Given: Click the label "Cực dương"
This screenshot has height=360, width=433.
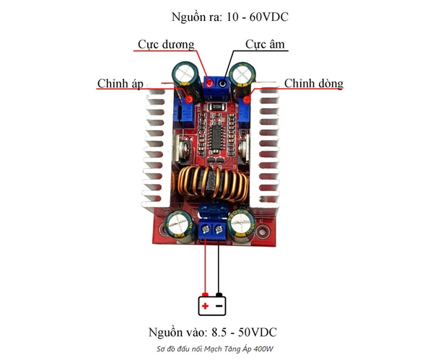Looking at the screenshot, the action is point(166,45).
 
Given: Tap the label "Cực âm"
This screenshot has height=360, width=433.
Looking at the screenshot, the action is point(265,44).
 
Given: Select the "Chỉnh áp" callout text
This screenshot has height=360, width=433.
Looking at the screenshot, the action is point(121,84).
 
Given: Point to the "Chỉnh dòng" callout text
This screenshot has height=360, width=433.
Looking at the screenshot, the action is point(314,84).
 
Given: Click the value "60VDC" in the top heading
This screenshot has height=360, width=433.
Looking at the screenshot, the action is point(269,17).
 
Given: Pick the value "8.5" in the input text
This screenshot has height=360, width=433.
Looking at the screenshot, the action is point(219,333).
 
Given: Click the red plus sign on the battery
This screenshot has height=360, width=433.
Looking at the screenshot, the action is point(205,306).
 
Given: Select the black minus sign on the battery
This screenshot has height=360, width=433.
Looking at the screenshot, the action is point(219,306).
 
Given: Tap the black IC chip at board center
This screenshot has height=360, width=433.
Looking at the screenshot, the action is point(217,138).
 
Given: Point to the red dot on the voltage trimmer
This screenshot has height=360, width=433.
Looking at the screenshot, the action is point(189,99).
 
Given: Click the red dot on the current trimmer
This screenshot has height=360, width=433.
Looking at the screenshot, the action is point(247,100).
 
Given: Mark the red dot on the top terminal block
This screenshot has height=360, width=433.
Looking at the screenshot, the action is point(211,82).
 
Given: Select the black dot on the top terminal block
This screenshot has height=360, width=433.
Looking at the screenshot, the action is point(222,83).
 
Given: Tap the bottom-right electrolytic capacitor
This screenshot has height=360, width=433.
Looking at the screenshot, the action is point(241,227).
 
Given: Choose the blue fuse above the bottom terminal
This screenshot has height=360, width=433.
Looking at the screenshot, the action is point(213,211).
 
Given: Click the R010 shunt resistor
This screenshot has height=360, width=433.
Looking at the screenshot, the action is point(217,107).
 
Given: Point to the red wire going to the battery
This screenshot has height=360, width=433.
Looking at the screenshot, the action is point(205,266).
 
